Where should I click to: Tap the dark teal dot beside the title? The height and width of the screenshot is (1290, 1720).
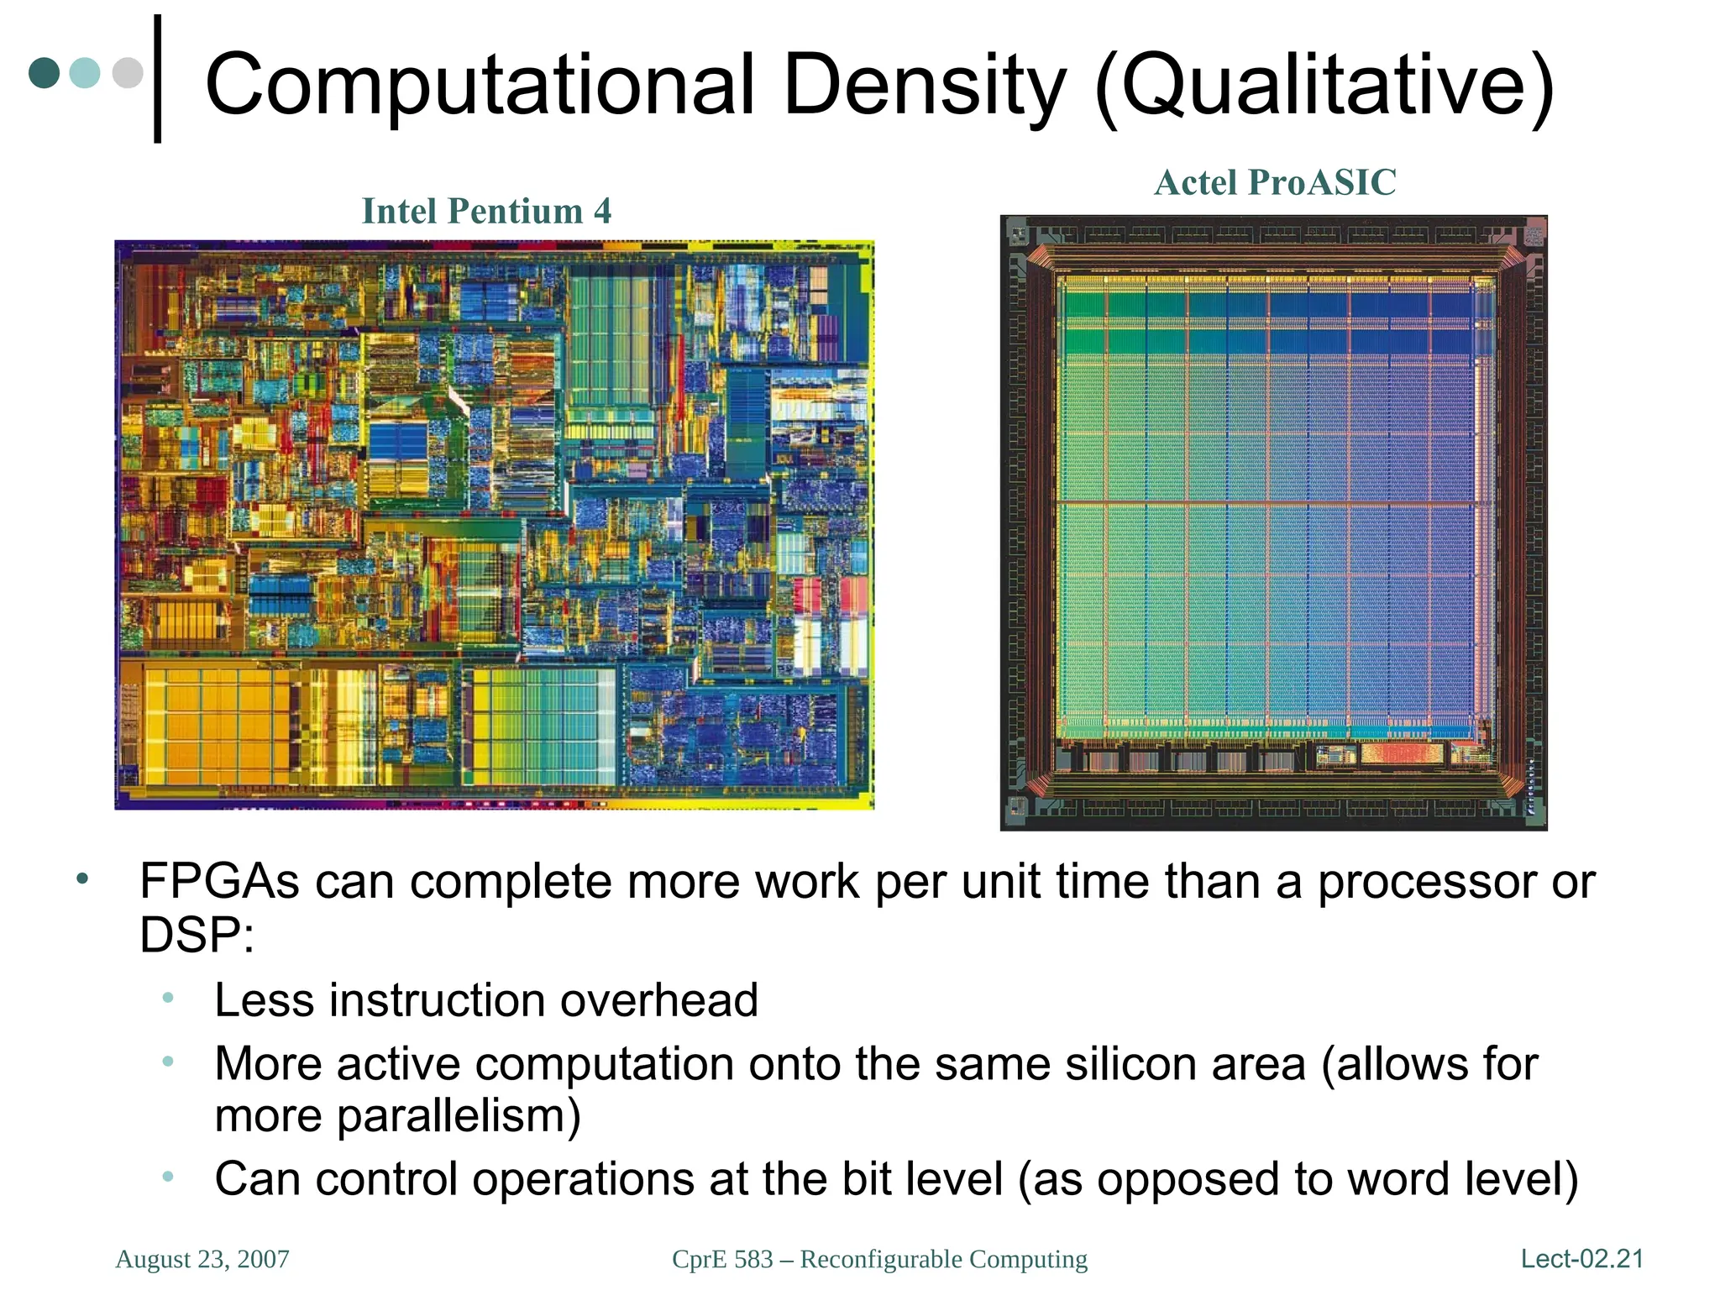[45, 72]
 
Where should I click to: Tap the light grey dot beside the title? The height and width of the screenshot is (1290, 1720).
[128, 72]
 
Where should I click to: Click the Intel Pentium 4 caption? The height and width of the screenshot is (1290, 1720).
[486, 212]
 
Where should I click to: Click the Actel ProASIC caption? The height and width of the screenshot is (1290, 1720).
[1274, 183]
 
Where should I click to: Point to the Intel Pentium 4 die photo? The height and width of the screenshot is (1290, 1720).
[494, 525]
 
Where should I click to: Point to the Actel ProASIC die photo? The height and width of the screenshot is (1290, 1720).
[1273, 522]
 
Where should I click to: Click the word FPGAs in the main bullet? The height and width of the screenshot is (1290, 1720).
[219, 883]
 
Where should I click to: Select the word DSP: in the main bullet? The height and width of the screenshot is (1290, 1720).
[197, 936]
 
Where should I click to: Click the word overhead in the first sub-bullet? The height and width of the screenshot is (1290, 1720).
[658, 1001]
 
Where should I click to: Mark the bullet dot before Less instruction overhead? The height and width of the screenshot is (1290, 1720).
[168, 999]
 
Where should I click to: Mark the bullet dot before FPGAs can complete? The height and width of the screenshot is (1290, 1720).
[81, 879]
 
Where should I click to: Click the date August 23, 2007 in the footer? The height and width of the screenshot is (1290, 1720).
[202, 1259]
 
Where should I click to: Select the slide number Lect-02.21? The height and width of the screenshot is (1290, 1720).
[1581, 1259]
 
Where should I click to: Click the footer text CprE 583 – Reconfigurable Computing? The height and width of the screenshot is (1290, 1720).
[879, 1259]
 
